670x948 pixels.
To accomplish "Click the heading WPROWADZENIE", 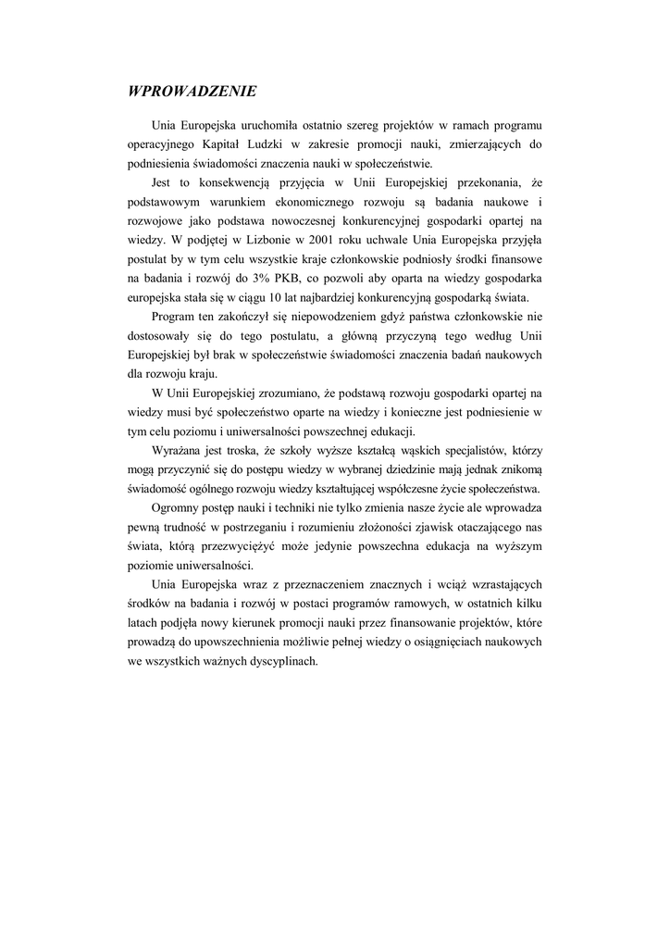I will [192, 91].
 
